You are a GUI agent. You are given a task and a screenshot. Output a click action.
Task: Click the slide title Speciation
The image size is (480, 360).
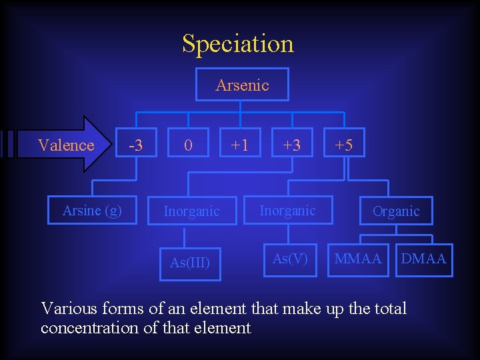pos(238,43)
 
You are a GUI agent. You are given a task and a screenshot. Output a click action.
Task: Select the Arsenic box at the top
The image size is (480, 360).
pos(242,85)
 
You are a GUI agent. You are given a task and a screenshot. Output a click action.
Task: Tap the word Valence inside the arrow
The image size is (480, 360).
pos(66,145)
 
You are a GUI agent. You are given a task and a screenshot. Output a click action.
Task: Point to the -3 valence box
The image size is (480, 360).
pos(136,145)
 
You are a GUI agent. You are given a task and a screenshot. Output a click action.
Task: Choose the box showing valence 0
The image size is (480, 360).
pos(188,145)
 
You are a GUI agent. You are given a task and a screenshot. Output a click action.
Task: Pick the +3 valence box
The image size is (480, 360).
pos(291,145)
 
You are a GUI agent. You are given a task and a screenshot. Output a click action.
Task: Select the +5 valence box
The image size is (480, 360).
pos(344,145)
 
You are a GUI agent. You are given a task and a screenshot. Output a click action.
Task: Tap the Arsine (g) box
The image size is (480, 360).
pos(92,211)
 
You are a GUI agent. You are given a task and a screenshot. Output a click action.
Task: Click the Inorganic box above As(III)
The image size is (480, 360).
pos(191,211)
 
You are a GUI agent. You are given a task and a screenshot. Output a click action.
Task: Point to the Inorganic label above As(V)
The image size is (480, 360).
pos(287,211)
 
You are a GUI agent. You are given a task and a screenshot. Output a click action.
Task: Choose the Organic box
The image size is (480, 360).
pos(395,211)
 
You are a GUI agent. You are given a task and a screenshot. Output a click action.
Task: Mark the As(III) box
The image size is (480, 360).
pos(190,262)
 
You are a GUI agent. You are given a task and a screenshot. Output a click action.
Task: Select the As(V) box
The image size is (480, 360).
pos(290,259)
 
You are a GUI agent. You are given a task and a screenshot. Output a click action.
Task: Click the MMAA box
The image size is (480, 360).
pos(358,259)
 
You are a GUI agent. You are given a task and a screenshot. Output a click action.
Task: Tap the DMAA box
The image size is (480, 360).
pos(423,259)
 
